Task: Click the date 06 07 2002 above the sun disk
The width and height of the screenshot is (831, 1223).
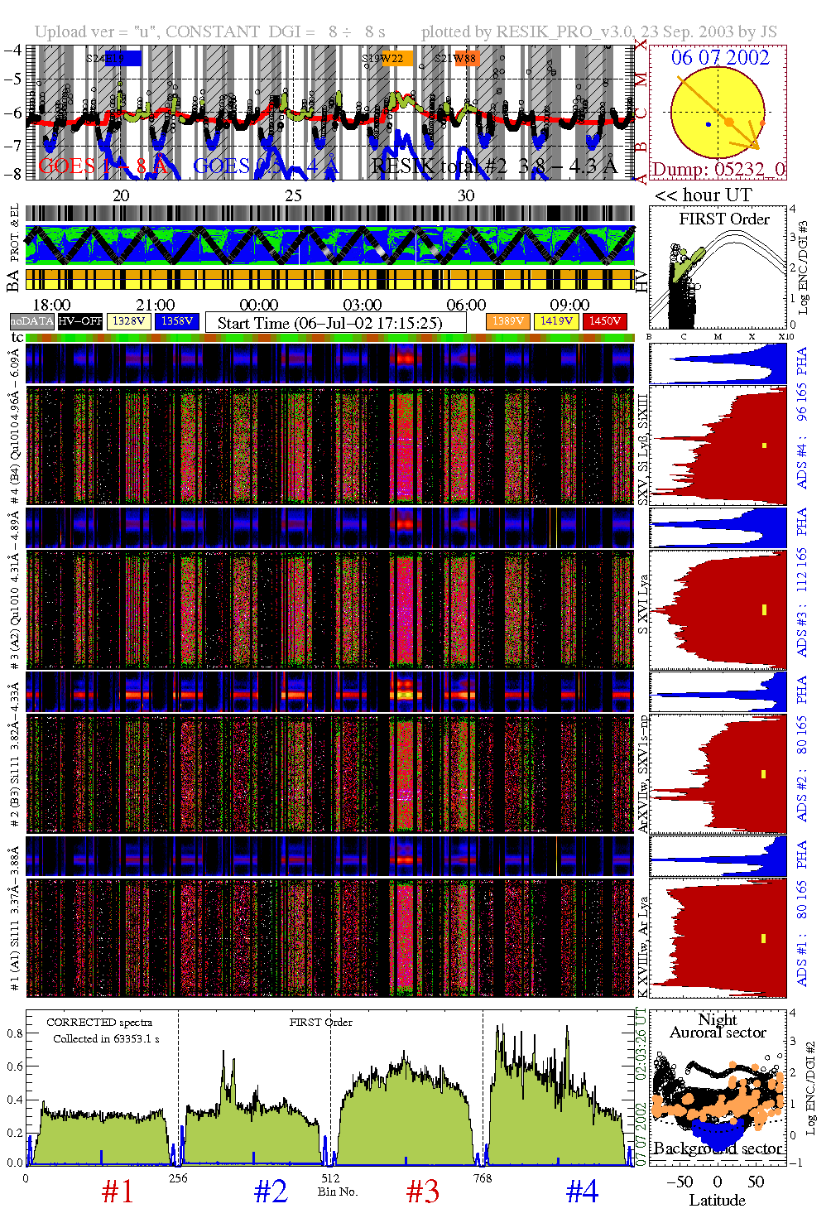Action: pyautogui.click(x=720, y=58)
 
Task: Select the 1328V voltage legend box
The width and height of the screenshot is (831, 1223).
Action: pyautogui.click(x=129, y=321)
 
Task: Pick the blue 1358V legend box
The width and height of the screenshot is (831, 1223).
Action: pyautogui.click(x=177, y=321)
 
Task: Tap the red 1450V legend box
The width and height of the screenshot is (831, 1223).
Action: pyautogui.click(x=605, y=321)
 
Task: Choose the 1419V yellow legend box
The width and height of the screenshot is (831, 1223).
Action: pyautogui.click(x=557, y=321)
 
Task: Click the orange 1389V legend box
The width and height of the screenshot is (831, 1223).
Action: pyautogui.click(x=508, y=321)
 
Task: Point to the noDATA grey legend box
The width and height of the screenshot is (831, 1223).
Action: pyautogui.click(x=32, y=321)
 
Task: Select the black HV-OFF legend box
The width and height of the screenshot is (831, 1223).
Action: pyautogui.click(x=80, y=321)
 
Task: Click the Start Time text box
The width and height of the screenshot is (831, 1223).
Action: pyautogui.click(x=330, y=323)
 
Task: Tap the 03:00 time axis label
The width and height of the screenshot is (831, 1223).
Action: pyautogui.click(x=363, y=306)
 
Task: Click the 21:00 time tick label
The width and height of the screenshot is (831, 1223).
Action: pyautogui.click(x=156, y=306)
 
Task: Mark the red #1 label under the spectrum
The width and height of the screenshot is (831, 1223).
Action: pyautogui.click(x=118, y=1192)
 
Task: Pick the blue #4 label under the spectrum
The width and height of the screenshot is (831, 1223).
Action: pyautogui.click(x=582, y=1192)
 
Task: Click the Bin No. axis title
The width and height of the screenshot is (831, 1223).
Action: pyautogui.click(x=338, y=1192)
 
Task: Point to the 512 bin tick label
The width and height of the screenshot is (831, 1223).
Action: pyautogui.click(x=330, y=1178)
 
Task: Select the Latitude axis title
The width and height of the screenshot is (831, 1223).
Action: pyautogui.click(x=717, y=1201)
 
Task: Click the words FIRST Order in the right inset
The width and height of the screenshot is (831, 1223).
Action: pyautogui.click(x=724, y=219)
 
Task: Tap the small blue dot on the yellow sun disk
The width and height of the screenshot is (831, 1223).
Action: pyautogui.click(x=709, y=125)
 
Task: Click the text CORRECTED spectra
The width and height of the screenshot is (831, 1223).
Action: pyautogui.click(x=99, y=1023)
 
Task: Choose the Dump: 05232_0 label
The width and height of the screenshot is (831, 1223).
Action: pyautogui.click(x=718, y=170)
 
